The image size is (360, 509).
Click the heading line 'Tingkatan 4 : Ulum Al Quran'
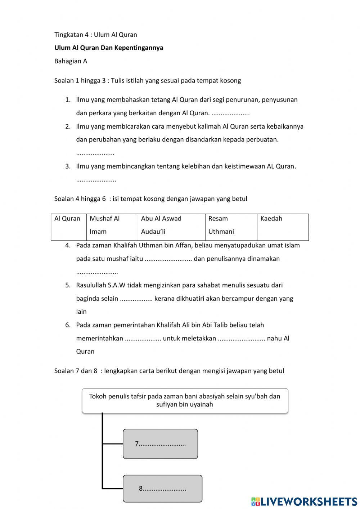tap(95, 35)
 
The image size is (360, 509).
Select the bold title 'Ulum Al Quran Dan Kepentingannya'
tap(108, 48)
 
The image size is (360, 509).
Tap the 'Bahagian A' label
tap(71, 61)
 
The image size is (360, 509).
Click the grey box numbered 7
tap(160, 444)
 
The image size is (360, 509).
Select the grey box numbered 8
tap(162, 488)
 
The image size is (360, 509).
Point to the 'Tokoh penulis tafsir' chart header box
tap(185, 400)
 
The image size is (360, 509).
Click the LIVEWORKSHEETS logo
tap(304, 501)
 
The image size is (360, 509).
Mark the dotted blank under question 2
tap(95, 153)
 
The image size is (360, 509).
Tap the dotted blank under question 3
tap(96, 180)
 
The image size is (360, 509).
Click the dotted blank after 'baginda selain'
tap(136, 299)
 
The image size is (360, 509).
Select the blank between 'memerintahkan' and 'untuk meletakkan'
tap(143, 339)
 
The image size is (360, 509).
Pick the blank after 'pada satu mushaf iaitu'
tap(168, 259)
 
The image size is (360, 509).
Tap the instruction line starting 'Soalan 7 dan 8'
tap(169, 371)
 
